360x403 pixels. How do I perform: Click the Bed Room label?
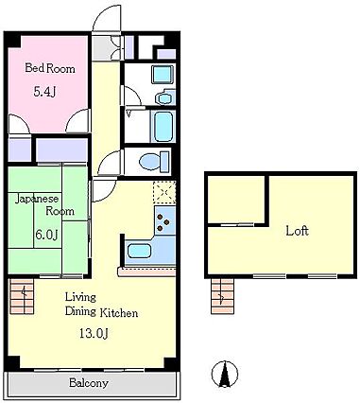pos(50,68)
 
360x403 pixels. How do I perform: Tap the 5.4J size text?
pos(45,92)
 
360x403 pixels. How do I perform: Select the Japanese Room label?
pos(44,204)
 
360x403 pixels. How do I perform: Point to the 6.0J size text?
pos(46,235)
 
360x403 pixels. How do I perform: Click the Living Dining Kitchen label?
pos(101,305)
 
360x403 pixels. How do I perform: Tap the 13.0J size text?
pos(94,333)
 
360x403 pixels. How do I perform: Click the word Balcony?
pos(89,383)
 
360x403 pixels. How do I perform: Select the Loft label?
pos(297,231)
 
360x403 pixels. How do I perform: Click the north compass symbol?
pos(225,375)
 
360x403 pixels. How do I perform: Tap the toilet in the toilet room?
pos(154,162)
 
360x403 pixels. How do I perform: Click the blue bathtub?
pos(163,126)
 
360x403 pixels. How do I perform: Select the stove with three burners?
pos(164,221)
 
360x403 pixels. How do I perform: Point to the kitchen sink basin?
pos(139,251)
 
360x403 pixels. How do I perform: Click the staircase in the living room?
pos(22,296)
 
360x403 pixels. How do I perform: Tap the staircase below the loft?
pos(222,296)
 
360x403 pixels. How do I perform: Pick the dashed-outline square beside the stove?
pos(164,192)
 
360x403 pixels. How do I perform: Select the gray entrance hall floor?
pos(102,48)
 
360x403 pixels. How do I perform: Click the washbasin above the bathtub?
pos(164,98)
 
